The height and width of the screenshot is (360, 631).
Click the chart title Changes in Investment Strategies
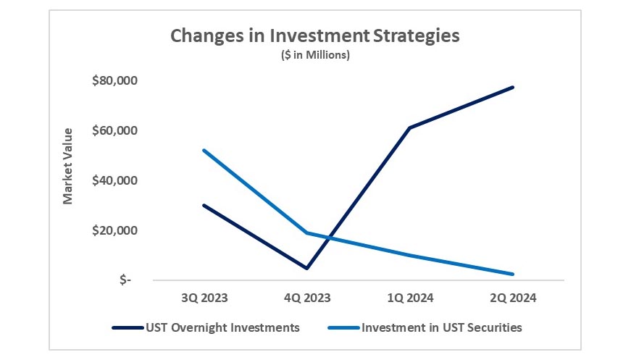[x=315, y=36]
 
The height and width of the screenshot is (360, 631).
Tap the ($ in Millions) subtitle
[x=315, y=56]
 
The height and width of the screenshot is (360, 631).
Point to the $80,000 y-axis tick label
[x=114, y=80]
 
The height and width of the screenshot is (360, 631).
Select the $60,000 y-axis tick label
[x=114, y=130]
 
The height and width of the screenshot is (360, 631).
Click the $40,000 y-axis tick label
[x=114, y=180]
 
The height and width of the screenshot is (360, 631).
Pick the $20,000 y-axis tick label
[x=114, y=230]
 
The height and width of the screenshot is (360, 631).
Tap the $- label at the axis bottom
[x=125, y=280]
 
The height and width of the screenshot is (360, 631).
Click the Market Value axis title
[x=68, y=166]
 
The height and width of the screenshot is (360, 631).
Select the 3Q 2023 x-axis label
[x=204, y=297]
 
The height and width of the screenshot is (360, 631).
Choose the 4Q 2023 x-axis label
[x=307, y=297]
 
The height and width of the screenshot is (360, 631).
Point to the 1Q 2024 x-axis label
[x=410, y=297]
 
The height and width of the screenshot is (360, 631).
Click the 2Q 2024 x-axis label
[x=513, y=297]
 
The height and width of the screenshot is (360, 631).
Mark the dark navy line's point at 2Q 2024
[x=513, y=87]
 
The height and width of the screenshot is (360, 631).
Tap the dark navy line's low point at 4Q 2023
[x=307, y=268]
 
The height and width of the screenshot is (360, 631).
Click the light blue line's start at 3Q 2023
[x=204, y=150]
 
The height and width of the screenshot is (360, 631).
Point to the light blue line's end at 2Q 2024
[x=513, y=274]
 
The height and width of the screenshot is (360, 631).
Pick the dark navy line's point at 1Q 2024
[x=410, y=127]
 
